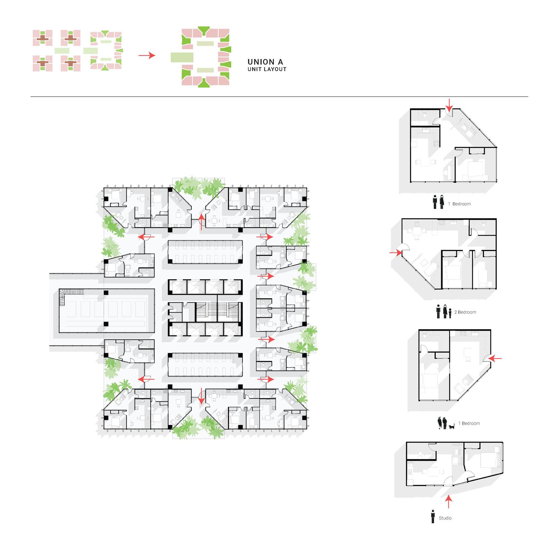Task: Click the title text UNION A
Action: tap(265, 62)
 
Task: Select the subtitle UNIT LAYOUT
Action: tap(267, 69)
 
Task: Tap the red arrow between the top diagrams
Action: tap(147, 56)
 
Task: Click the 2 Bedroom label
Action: tap(466, 312)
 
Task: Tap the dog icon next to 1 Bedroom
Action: tap(451, 427)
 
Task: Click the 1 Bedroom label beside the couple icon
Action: tap(461, 204)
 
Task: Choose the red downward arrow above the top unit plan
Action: tap(449, 105)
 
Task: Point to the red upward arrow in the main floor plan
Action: tap(201, 221)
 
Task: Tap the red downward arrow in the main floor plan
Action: tap(201, 396)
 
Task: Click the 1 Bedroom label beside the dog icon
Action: tap(470, 423)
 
